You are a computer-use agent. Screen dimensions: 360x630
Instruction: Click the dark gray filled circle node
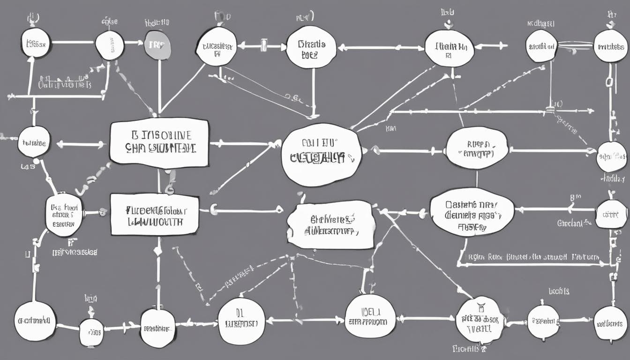[157, 45]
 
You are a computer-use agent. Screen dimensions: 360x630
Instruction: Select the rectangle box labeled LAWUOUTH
[155, 214]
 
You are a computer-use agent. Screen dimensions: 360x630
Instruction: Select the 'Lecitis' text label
[558, 291]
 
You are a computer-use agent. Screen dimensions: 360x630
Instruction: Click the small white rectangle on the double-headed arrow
[263, 45]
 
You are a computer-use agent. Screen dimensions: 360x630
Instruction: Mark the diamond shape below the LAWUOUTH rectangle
[158, 251]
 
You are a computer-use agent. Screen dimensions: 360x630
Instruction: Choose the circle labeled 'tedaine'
[34, 142]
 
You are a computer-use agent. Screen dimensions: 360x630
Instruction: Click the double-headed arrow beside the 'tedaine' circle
[81, 144]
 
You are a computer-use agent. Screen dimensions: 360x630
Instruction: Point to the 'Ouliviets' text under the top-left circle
[65, 84]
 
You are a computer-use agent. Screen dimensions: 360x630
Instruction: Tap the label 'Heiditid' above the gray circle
[157, 22]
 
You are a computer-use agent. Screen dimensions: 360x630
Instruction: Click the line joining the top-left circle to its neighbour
[73, 42]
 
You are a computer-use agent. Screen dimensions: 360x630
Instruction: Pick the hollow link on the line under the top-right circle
[609, 82]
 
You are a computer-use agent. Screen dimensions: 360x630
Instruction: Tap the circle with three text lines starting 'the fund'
[64, 214]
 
